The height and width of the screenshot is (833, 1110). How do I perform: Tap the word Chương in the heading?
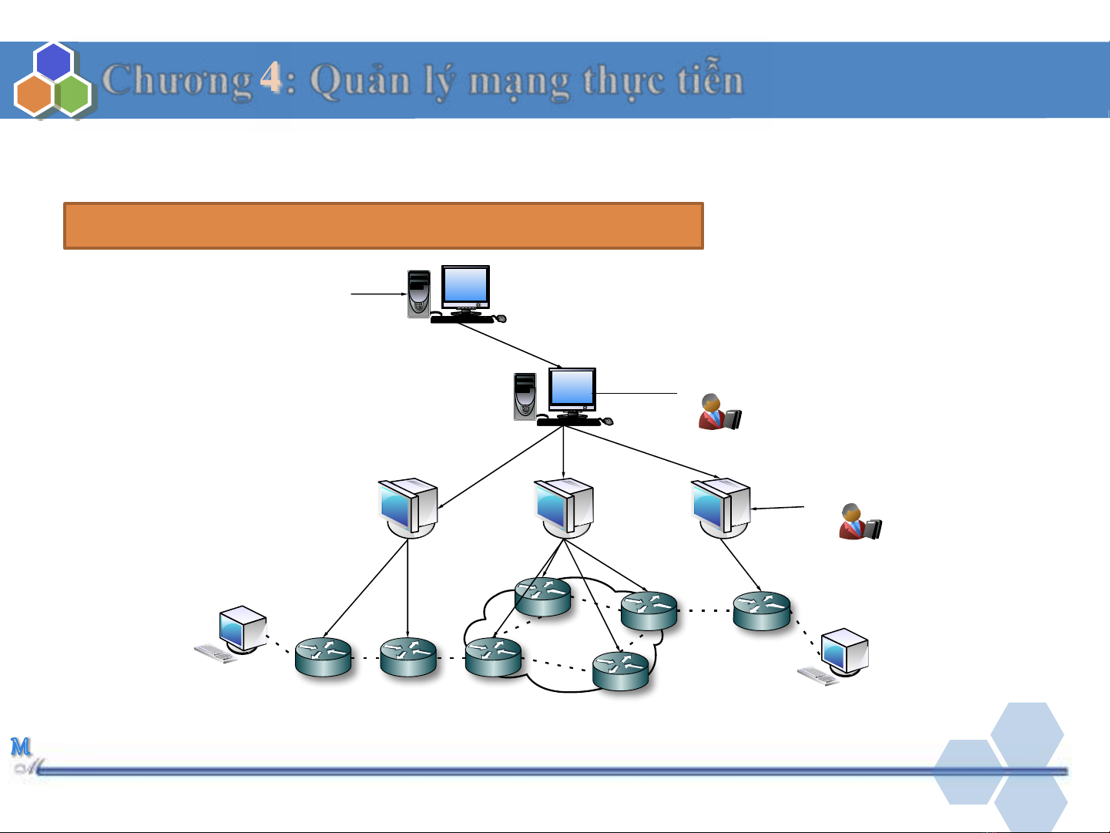(x=177, y=81)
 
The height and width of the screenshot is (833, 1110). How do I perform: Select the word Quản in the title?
(x=360, y=81)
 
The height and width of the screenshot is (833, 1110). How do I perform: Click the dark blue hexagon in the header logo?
(x=54, y=62)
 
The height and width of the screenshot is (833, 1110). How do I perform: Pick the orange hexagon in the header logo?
(x=34, y=95)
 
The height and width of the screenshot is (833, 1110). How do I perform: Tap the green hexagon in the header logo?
(x=74, y=95)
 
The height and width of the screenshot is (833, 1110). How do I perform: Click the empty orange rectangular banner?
(x=383, y=226)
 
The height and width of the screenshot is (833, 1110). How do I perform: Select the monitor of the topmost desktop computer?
(x=465, y=288)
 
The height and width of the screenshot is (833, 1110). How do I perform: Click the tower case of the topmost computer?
(x=418, y=294)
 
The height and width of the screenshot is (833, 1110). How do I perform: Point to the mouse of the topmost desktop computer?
(x=501, y=318)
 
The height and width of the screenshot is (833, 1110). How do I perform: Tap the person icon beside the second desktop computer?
(x=719, y=411)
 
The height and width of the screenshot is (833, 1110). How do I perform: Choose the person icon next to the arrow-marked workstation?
(x=860, y=522)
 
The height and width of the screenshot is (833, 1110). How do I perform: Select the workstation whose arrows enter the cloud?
(x=565, y=507)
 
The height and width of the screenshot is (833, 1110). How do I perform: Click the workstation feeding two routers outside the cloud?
(x=408, y=507)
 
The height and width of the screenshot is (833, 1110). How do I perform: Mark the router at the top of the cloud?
(x=543, y=596)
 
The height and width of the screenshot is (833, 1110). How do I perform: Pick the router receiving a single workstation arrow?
(x=762, y=610)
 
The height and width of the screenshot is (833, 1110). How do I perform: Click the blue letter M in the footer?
(x=21, y=746)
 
